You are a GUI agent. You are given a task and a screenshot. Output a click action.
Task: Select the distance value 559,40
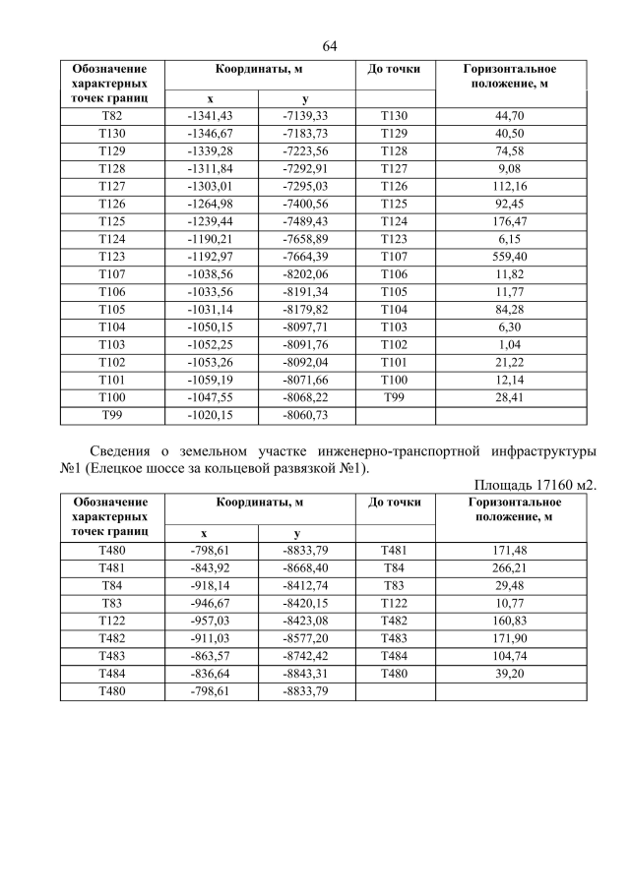[511, 256]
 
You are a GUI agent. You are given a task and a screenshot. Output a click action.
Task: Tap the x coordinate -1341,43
[210, 116]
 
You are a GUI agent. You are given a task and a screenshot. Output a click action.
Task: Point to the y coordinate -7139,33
[305, 116]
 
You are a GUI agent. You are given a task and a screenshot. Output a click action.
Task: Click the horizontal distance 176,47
[511, 221]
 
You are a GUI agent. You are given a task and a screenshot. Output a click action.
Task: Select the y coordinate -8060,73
[305, 415]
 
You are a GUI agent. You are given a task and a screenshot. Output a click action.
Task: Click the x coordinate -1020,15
[210, 415]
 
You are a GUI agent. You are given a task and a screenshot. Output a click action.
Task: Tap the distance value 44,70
[511, 116]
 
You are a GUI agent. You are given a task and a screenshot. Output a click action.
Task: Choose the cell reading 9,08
[511, 168]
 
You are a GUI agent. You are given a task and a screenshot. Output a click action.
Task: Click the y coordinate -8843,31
[305, 674]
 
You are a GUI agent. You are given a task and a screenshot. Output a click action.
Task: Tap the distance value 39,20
[511, 674]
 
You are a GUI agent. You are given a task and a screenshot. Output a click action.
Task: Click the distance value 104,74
[511, 656]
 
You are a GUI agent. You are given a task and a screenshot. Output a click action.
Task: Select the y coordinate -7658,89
[305, 239]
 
